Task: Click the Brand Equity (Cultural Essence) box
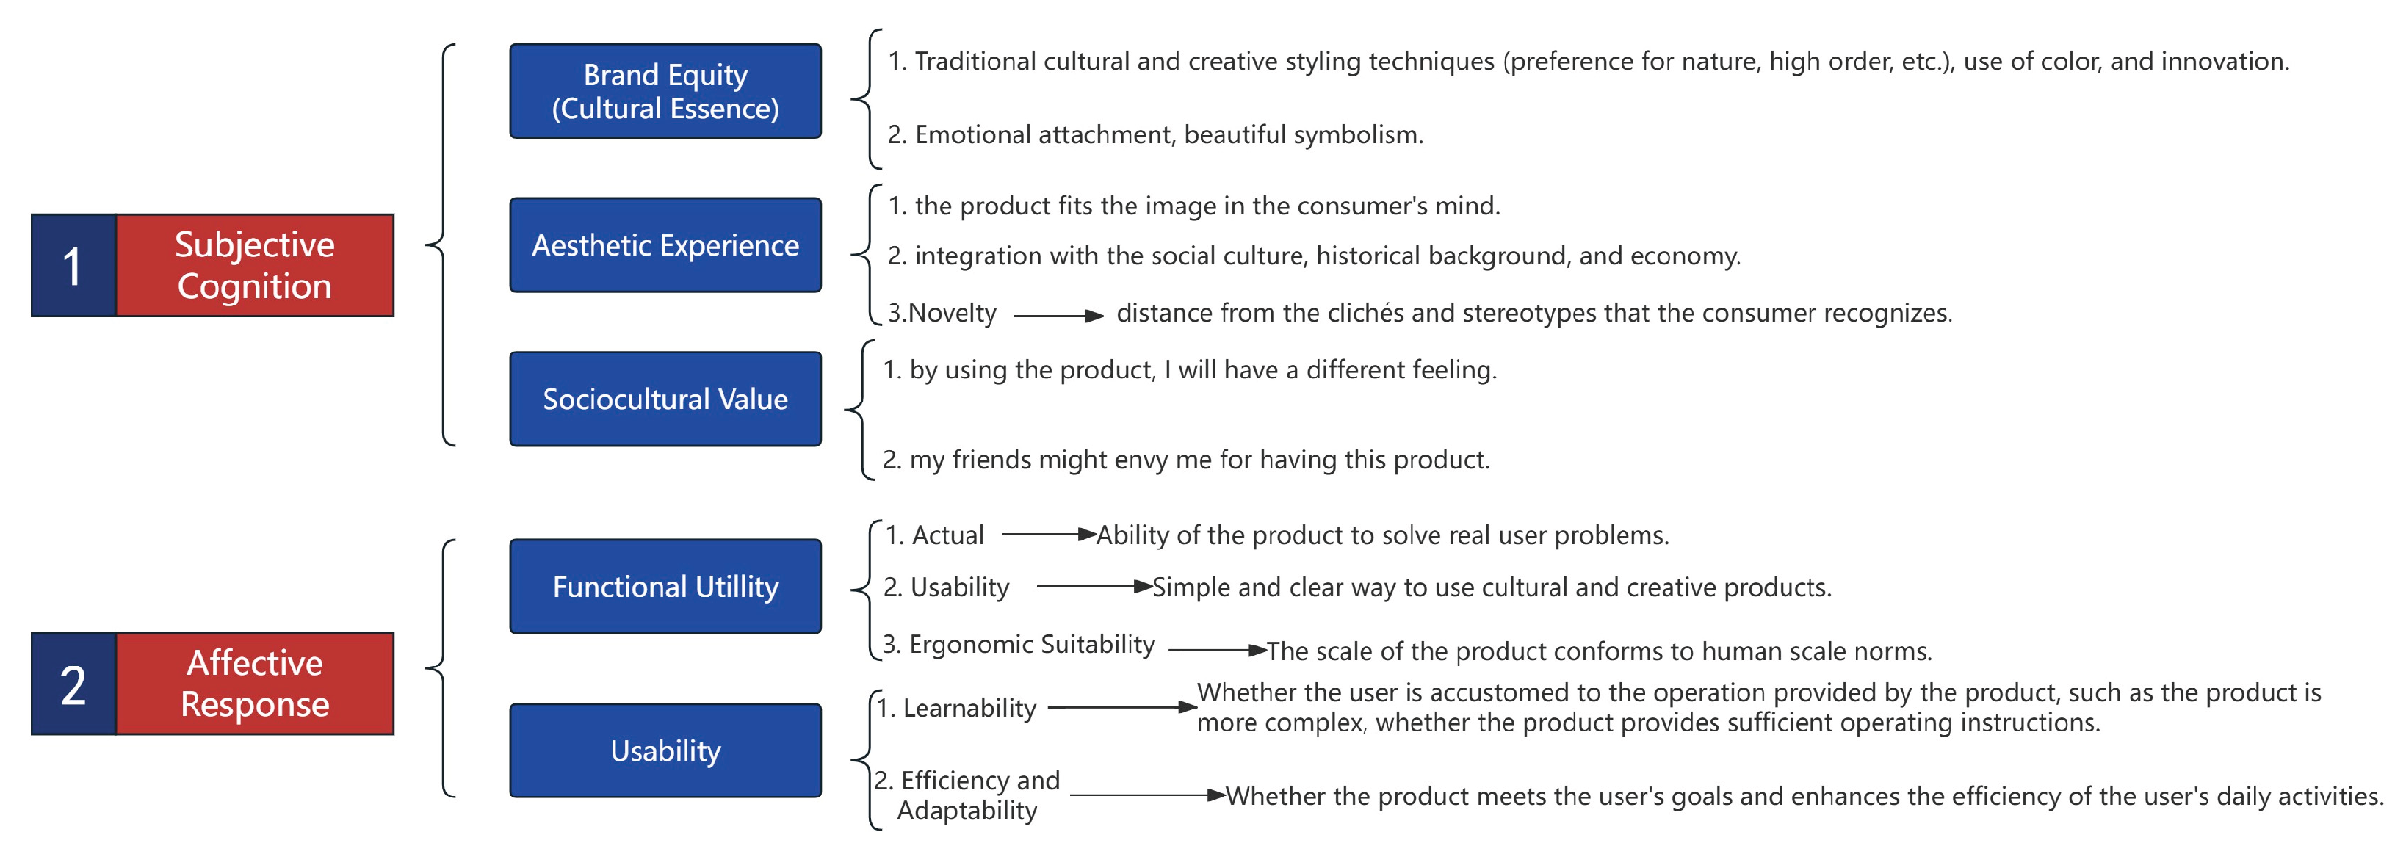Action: (x=665, y=92)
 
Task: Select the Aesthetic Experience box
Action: (x=665, y=245)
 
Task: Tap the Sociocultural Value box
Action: (x=665, y=399)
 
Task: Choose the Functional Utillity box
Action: (x=665, y=586)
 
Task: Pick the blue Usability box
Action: (x=665, y=750)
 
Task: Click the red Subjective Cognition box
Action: (x=254, y=265)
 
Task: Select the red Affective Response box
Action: (x=254, y=684)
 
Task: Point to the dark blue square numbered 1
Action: (x=73, y=265)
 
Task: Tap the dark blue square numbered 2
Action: (x=73, y=684)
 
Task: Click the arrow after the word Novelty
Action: (x=1058, y=316)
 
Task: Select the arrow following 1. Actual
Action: (x=1048, y=535)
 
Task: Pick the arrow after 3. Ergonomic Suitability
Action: (x=1217, y=650)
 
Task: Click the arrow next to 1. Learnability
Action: (x=1121, y=708)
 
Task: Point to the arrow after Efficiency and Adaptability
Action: (x=1147, y=795)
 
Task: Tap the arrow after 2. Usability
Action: (x=1094, y=586)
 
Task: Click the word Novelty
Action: (x=952, y=313)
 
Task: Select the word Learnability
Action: (x=969, y=709)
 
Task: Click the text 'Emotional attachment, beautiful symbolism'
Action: (x=1168, y=134)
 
